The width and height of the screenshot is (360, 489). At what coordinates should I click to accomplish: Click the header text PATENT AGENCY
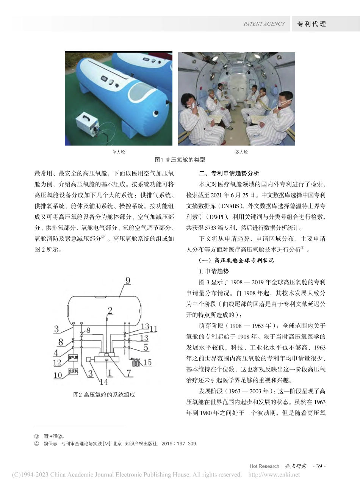tap(264, 24)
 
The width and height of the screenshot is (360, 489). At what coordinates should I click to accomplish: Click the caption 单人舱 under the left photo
tap(118, 152)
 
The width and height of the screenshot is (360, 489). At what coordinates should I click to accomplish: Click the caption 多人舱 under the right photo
tap(241, 152)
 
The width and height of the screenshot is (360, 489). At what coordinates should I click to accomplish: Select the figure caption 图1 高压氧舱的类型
tap(180, 160)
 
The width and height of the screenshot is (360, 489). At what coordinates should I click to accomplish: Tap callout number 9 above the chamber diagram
tap(128, 281)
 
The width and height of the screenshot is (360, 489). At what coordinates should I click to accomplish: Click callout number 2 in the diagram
tap(110, 311)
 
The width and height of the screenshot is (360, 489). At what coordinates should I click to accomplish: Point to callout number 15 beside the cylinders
tap(147, 362)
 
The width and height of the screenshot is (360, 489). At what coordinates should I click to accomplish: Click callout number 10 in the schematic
tap(58, 375)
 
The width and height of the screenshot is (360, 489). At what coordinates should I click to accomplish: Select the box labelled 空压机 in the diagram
tap(73, 371)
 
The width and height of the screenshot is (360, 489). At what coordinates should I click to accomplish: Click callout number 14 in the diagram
tap(103, 382)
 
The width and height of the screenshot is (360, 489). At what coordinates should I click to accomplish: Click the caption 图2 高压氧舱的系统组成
tap(104, 395)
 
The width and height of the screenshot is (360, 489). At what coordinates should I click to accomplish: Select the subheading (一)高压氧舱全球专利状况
tap(236, 260)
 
